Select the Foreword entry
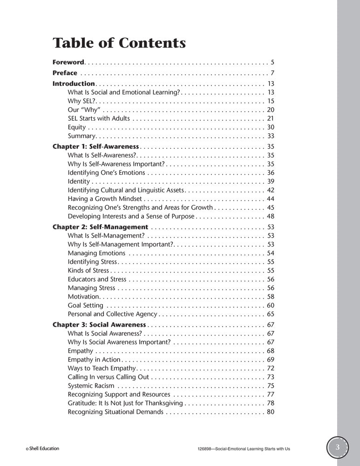pyautogui.click(x=68, y=62)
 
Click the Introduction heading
pyautogui.click(x=74, y=84)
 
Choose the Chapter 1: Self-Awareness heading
pyautogui.click(x=95, y=146)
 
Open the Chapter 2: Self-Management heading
pyautogui.click(x=100, y=227)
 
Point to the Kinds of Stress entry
pyautogui.click(x=88, y=270)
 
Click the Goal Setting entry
pyautogui.click(x=86, y=305)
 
